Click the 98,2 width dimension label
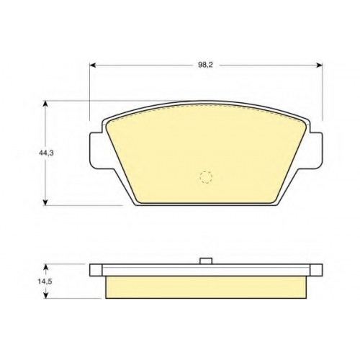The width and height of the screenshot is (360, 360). (205, 65)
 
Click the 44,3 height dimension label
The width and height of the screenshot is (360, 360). (46, 153)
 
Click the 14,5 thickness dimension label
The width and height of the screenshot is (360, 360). (45, 282)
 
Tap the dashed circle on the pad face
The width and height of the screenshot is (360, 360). (206, 177)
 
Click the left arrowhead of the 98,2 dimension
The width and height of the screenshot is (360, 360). (93, 65)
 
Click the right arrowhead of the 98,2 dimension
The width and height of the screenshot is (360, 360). (319, 65)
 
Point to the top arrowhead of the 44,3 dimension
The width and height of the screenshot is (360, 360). (45, 104)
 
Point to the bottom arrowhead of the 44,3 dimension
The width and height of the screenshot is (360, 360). (45, 202)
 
